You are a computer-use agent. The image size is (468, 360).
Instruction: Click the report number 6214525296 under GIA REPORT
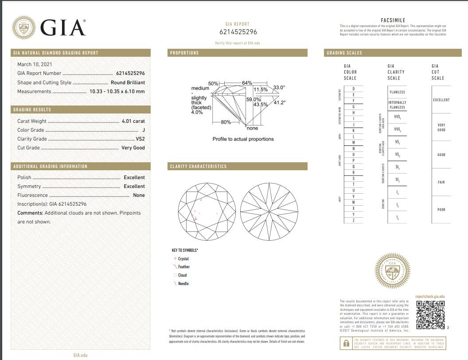(x=238, y=32)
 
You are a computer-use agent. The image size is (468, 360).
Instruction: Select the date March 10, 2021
(x=35, y=64)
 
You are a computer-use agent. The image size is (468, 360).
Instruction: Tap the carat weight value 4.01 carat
(x=133, y=121)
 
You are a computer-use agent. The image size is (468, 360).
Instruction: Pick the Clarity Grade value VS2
(x=140, y=139)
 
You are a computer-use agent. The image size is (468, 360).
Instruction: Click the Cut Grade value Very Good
(x=133, y=148)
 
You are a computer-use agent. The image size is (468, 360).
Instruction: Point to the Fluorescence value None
(x=139, y=195)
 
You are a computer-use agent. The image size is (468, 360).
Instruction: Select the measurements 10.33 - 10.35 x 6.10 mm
(x=117, y=91)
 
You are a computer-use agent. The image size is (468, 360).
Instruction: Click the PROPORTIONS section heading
(x=184, y=53)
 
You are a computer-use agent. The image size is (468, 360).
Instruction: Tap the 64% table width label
(x=247, y=83)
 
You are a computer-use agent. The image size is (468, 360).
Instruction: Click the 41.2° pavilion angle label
(x=279, y=103)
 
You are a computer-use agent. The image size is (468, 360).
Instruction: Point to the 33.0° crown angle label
(x=279, y=88)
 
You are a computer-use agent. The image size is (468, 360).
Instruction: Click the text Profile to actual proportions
(x=243, y=139)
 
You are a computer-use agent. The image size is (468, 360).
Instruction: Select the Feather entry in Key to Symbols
(x=183, y=267)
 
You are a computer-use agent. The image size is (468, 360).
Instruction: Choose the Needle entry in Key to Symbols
(x=183, y=283)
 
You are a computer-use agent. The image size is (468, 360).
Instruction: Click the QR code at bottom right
(x=430, y=315)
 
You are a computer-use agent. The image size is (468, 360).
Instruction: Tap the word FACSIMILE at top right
(x=393, y=20)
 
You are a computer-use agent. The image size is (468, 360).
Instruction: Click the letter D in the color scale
(x=353, y=89)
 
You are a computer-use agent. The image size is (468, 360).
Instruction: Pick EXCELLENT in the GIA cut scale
(x=441, y=100)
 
